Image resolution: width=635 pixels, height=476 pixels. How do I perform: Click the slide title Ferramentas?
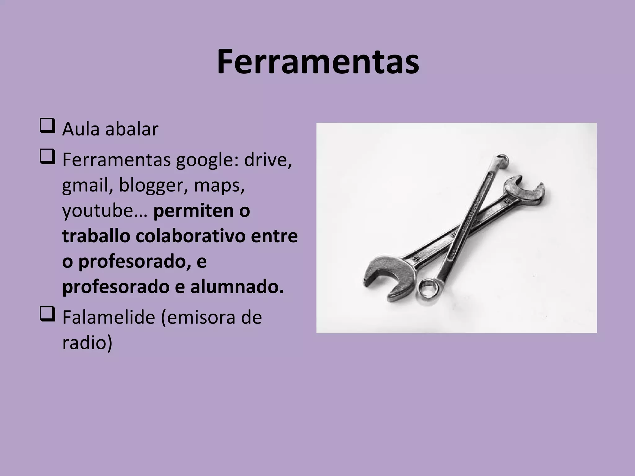(317, 62)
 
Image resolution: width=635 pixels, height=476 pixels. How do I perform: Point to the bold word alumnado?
(237, 287)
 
